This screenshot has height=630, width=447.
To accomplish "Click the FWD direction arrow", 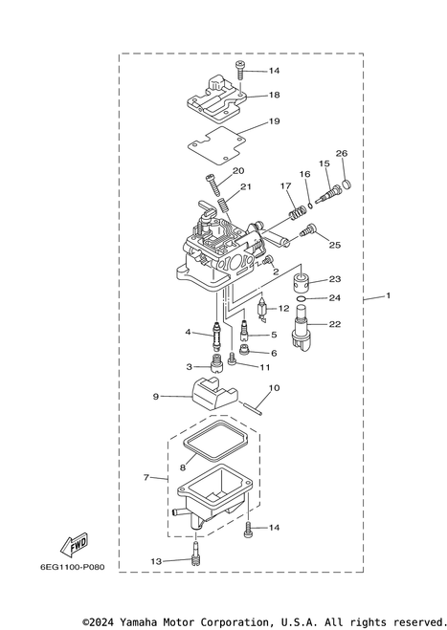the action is click(74, 544).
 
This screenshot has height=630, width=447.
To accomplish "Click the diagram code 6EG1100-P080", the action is click(73, 567).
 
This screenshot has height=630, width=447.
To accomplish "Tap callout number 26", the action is click(342, 153).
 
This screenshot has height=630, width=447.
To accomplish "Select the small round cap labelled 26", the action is click(346, 185).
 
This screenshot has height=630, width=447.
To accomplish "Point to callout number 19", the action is click(274, 121).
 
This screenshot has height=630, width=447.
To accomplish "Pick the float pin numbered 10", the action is click(254, 409).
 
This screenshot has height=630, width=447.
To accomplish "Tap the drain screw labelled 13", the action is click(195, 552).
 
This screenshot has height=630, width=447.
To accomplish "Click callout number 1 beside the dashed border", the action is click(389, 295).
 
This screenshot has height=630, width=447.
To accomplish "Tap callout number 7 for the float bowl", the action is click(146, 478).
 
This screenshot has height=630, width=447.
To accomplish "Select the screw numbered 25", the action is click(308, 230).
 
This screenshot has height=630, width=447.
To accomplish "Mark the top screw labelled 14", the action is click(240, 70).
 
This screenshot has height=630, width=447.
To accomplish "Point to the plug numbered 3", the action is click(216, 363).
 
